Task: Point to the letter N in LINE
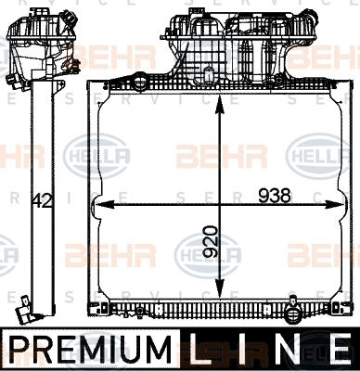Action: (x=290, y=350)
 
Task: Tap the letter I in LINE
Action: (x=249, y=350)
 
